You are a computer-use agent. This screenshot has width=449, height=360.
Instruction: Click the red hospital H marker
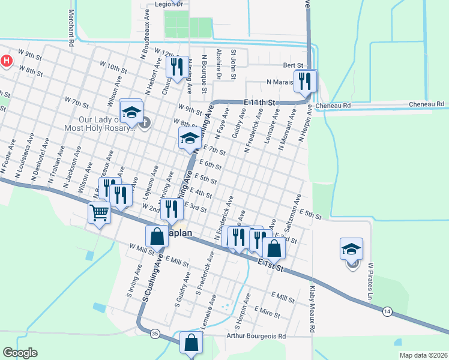(x=7, y=61)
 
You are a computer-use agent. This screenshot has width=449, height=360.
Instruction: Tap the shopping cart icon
(x=99, y=212)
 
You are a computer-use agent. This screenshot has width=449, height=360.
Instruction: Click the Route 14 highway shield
(x=388, y=311)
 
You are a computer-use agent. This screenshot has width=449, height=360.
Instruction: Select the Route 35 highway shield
(x=155, y=334)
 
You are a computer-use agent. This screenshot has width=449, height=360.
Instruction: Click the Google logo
(x=20, y=353)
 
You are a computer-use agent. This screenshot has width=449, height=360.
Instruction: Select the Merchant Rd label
(x=71, y=28)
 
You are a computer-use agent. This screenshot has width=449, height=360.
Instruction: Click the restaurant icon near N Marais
(x=305, y=80)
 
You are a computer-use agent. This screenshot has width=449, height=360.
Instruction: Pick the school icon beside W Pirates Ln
(x=351, y=248)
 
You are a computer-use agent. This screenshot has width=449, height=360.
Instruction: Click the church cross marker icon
(x=144, y=124)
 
